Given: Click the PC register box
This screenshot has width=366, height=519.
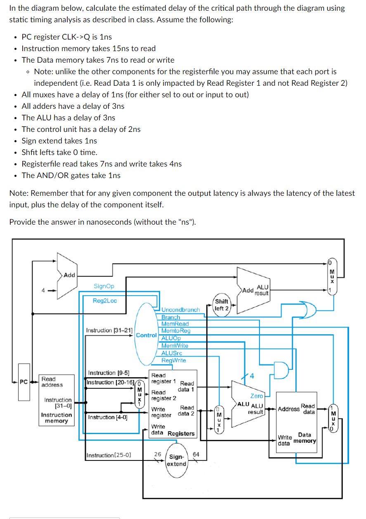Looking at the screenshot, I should pyautogui.click(x=24, y=382).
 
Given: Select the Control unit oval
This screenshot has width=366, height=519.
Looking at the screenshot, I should pyautogui.click(x=146, y=335).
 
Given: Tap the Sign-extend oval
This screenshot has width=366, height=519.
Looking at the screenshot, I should pyautogui.click(x=177, y=460).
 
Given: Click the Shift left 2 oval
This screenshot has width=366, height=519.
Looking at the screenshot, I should pyautogui.click(x=222, y=305).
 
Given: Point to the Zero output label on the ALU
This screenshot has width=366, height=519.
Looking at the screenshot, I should pyautogui.click(x=257, y=396).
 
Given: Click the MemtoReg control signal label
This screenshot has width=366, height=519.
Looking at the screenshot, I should pyautogui.click(x=176, y=331).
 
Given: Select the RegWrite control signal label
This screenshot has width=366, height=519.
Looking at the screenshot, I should pyautogui.click(x=174, y=360).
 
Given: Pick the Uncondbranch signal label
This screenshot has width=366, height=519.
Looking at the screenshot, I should pyautogui.click(x=181, y=310).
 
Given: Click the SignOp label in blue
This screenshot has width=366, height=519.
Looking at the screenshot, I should pyautogui.click(x=104, y=286).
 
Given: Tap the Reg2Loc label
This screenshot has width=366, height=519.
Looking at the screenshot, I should pyautogui.click(x=104, y=301).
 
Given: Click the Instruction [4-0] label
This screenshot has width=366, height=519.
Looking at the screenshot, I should pyautogui.click(x=108, y=417).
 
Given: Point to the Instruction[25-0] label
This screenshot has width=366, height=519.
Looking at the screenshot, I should pyautogui.click(x=109, y=456).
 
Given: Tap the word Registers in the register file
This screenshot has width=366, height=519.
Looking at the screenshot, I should pyautogui.click(x=181, y=433).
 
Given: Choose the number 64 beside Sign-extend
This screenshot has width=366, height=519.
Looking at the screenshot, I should pyautogui.click(x=196, y=454).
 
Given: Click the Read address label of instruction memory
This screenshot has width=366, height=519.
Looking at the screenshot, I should pyautogui.click(x=52, y=382).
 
